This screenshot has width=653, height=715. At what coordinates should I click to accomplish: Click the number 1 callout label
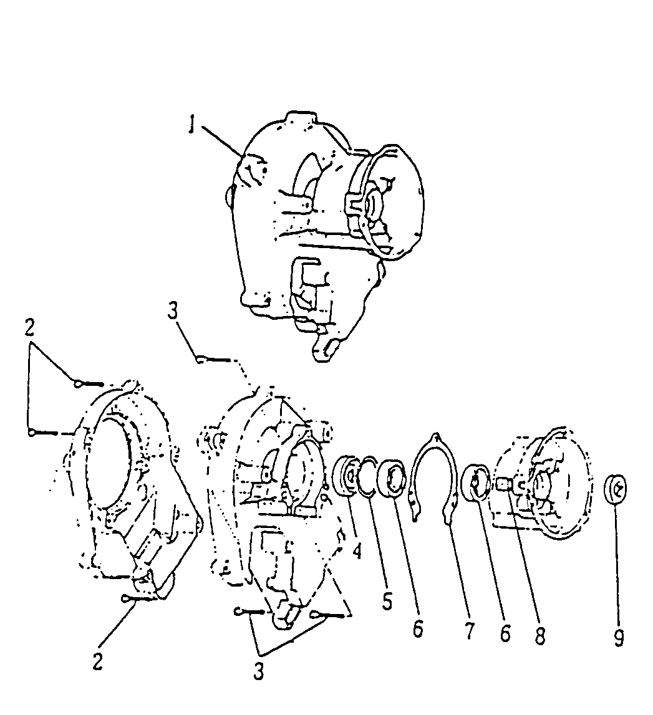pos(193,123)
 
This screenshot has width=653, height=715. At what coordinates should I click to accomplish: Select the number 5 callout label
pos(387,601)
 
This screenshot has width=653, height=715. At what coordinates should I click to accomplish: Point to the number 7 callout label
pos(468,631)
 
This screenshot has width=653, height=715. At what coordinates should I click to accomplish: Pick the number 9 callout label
pos(618,638)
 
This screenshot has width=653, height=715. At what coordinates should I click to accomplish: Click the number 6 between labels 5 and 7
pos(417,629)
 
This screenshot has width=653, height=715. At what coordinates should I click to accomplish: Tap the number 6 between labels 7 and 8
pos(505,633)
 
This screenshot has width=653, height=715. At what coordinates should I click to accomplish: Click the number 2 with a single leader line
pos(97,661)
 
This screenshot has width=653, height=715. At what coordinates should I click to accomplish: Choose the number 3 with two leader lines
pos(258,671)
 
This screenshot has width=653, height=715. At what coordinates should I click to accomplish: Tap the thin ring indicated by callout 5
pos(367,476)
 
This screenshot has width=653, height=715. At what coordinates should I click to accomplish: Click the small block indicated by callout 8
pos(503,482)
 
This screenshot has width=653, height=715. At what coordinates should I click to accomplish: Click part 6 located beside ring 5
pos(392,478)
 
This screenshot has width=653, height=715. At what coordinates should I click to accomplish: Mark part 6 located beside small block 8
pos(475,482)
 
